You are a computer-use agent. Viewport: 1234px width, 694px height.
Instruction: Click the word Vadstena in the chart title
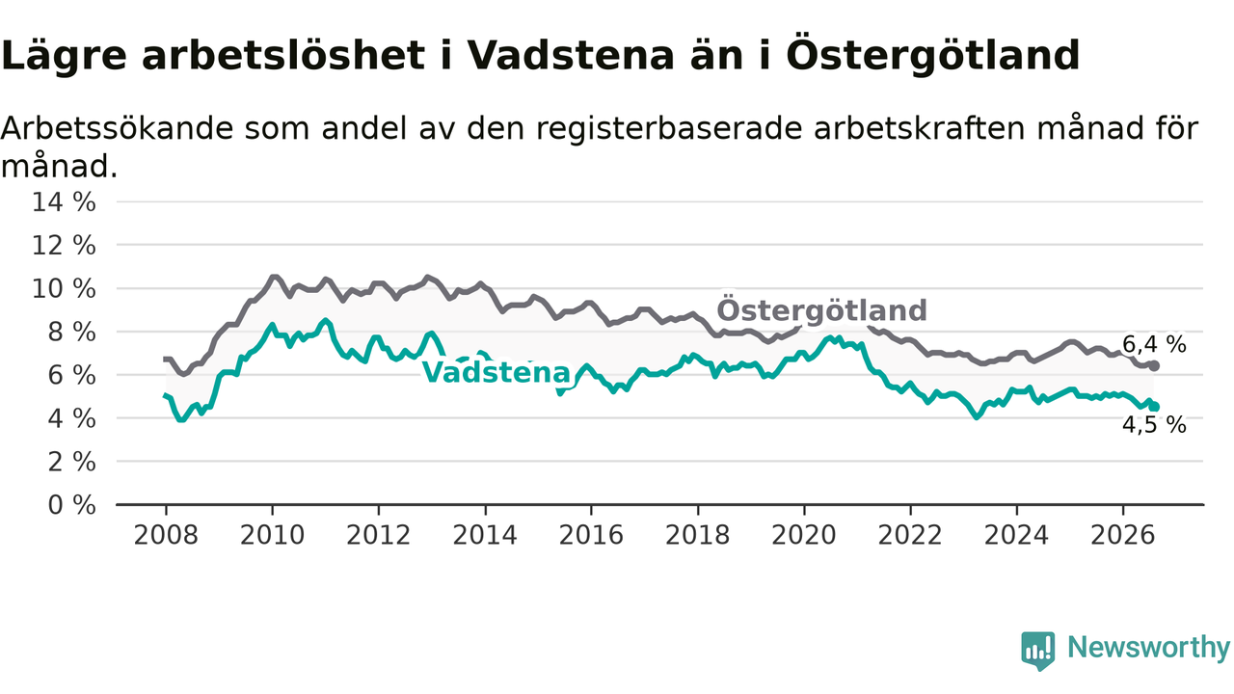[x=570, y=55]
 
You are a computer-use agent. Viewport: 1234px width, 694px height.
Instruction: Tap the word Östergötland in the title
[x=932, y=55]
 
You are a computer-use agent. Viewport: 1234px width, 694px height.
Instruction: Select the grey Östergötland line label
[x=821, y=309]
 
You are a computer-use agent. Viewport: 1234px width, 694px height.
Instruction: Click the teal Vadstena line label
[x=496, y=372]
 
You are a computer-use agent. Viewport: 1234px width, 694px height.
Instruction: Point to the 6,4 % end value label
[x=1154, y=345]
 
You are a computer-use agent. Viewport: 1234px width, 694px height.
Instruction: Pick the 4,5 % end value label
[x=1154, y=425]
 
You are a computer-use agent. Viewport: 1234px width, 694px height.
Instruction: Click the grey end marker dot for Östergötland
[x=1154, y=365]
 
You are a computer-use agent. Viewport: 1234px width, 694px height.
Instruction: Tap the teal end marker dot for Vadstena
[x=1154, y=407]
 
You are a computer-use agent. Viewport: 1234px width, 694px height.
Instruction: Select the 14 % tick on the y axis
[x=64, y=202]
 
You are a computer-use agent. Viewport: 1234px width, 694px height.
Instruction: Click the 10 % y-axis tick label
[x=64, y=288]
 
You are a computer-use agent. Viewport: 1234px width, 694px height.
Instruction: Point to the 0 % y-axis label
[x=72, y=504]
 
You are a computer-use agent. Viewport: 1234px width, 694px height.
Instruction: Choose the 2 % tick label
[x=72, y=462]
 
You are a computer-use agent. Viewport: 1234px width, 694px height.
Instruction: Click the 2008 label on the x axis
[x=166, y=535]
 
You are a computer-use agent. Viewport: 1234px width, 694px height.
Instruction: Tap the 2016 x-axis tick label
[x=591, y=535]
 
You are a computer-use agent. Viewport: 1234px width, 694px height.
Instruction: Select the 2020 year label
[x=804, y=535]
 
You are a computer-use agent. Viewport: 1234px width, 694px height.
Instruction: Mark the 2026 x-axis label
[x=1123, y=535]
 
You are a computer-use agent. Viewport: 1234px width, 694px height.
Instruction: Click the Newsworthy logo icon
[x=1038, y=651]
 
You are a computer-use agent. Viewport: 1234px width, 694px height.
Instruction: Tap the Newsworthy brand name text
[x=1149, y=648]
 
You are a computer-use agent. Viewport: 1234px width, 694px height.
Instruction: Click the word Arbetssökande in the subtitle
[x=117, y=128]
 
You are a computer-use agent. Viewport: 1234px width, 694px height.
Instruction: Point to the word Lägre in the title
[x=64, y=57]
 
